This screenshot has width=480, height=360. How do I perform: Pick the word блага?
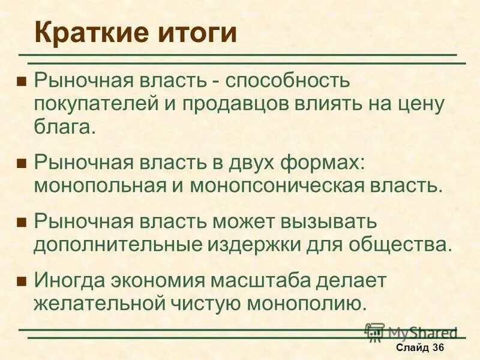click(64, 127)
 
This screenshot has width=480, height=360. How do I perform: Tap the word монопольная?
click(100, 185)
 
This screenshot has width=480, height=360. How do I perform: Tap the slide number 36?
click(437, 347)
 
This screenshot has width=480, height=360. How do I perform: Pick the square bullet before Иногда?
click(22, 280)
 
